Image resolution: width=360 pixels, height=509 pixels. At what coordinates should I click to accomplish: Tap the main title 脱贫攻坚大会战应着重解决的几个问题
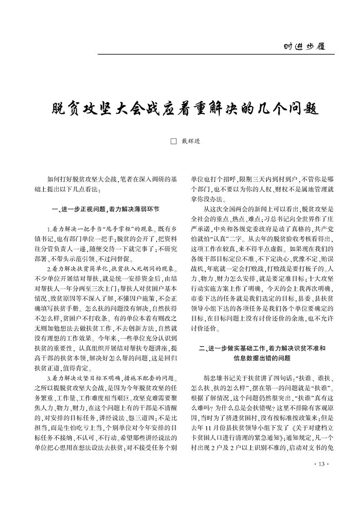point(180,109)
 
